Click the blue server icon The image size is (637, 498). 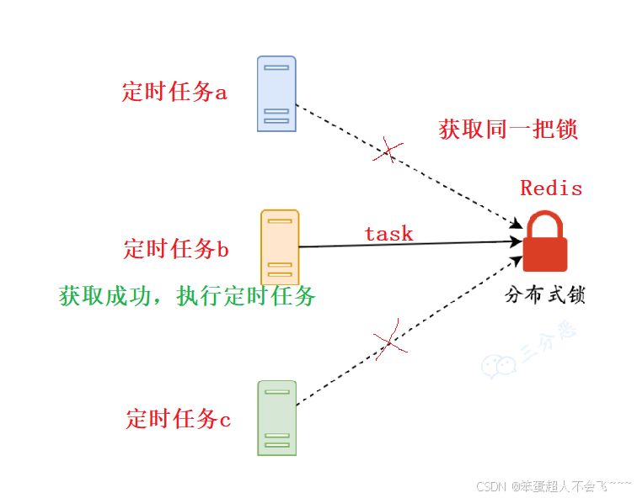tap(276, 93)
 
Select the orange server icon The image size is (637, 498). tap(280, 246)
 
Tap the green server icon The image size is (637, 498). tap(276, 417)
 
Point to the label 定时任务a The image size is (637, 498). tap(174, 92)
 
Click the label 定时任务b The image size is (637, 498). tap(176, 249)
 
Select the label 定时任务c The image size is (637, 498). tap(178, 418)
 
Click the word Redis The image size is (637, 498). tap(551, 188)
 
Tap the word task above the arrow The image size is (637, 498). tap(388, 233)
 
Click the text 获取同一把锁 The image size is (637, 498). tap(508, 130)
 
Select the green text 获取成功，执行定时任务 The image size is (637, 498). tap(187, 295)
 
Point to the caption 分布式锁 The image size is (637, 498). tap(544, 295)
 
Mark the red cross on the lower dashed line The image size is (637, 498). tap(388, 342)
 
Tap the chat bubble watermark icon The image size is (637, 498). tap(499, 365)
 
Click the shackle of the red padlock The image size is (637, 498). tap(544, 225)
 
